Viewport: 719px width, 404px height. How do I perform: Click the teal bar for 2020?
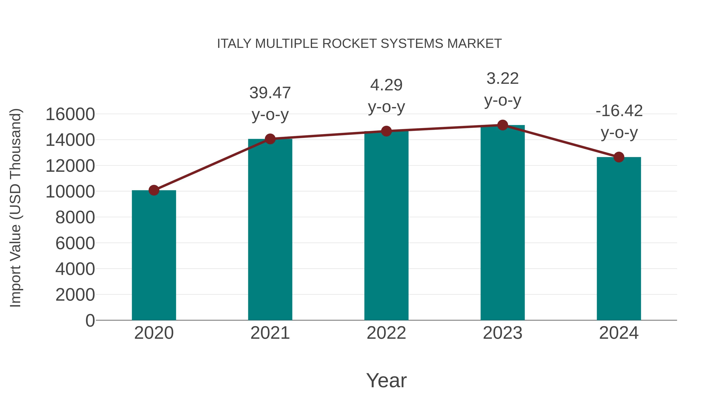(154, 255)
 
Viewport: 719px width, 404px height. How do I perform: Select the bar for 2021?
(270, 229)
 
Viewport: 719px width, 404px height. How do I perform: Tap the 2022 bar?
(386, 226)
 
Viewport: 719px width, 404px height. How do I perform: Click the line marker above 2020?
(154, 191)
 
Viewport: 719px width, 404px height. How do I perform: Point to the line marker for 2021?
(270, 139)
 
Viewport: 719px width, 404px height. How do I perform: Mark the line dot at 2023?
(503, 125)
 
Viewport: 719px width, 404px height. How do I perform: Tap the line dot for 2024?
(619, 157)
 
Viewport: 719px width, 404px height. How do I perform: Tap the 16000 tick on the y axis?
(70, 114)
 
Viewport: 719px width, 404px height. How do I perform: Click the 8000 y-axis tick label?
(75, 217)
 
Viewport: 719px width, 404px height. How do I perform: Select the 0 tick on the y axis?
(90, 320)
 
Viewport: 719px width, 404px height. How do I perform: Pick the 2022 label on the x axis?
(386, 333)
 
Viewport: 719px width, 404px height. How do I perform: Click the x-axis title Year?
(386, 380)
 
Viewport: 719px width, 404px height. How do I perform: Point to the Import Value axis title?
(16, 208)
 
